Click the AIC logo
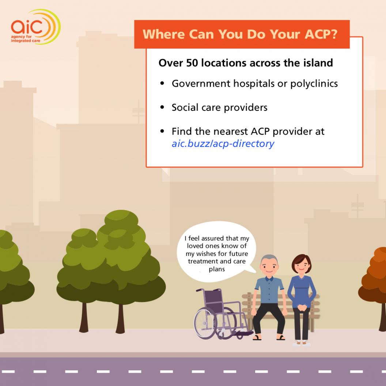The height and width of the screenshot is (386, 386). [x=36, y=27]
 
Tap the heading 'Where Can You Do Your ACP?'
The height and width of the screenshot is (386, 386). [x=240, y=34]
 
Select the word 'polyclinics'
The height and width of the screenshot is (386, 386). [x=314, y=84]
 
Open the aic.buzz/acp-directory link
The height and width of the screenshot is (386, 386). [x=223, y=144]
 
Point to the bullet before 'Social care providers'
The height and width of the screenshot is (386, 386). [x=162, y=107]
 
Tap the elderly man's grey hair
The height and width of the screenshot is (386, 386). [x=269, y=258]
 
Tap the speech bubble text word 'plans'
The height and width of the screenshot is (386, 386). [x=217, y=269]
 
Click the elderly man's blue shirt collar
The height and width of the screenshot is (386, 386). [x=269, y=279]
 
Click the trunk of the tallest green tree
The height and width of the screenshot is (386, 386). [x=120, y=318]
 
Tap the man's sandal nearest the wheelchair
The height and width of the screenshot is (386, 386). [x=257, y=337]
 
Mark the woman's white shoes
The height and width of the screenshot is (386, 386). [x=301, y=343]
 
